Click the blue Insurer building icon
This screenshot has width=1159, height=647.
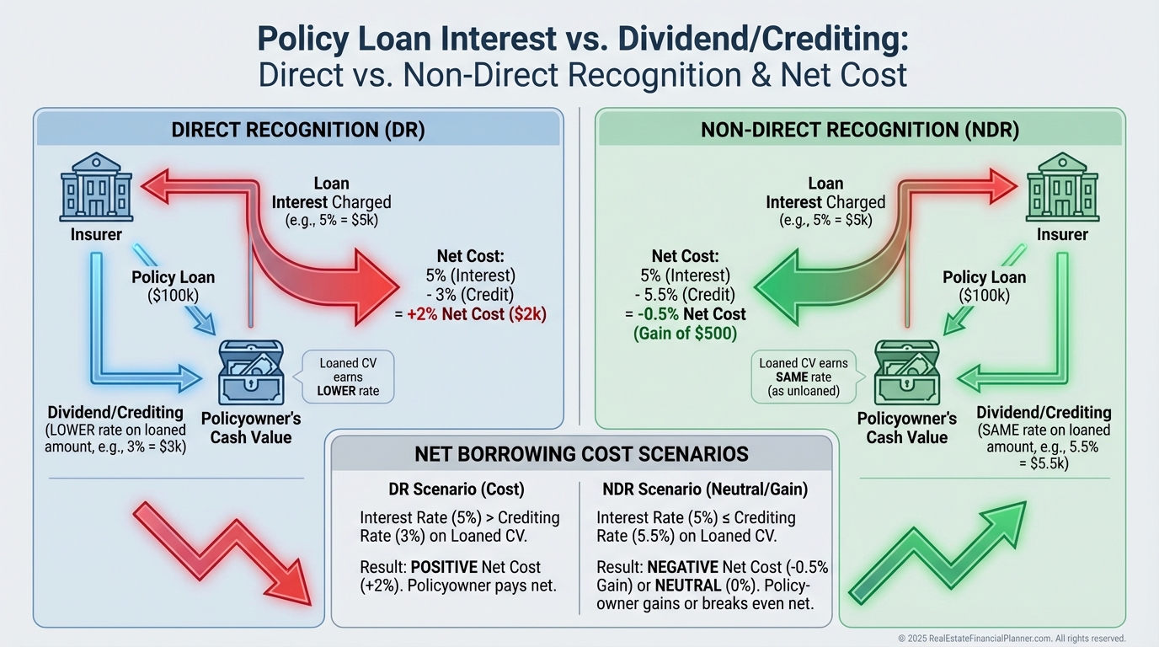96,187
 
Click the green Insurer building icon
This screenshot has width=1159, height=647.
1062,187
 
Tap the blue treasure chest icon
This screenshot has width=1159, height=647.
251,372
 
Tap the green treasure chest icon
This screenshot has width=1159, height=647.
906,372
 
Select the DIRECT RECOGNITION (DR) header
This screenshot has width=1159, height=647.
298,130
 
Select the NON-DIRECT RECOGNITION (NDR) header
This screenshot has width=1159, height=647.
860,130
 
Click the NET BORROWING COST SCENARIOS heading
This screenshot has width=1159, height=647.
581,454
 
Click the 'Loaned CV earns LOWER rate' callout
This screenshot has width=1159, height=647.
348,377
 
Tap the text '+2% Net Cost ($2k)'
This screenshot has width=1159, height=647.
477,314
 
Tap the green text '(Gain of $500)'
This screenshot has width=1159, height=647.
685,334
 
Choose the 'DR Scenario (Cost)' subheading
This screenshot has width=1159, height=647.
457,489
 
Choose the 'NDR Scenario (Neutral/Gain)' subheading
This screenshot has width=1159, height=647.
705,489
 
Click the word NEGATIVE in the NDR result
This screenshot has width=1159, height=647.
682,567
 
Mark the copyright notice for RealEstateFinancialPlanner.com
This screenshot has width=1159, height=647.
1012,639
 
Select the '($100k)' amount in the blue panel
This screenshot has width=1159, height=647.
173,296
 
